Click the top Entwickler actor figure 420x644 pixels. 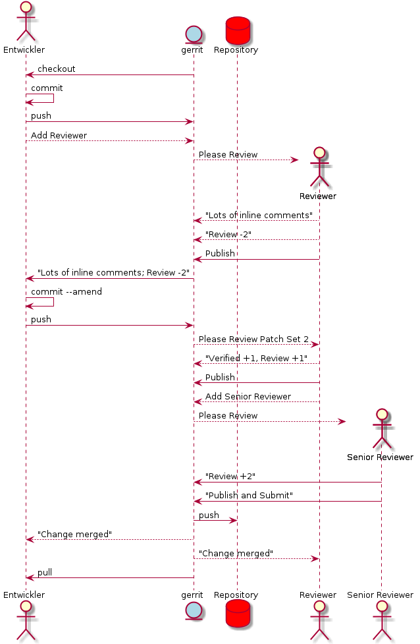point(26,22)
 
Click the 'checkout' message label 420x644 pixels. point(56,69)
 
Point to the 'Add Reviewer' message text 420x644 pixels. point(59,136)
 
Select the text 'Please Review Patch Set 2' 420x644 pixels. point(253,339)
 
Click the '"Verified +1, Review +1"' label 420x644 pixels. point(256,358)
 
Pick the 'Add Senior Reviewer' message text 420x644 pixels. point(248,397)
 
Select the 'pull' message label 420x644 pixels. point(45,573)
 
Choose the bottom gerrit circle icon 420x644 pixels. point(194,612)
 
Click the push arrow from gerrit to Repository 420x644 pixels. point(215,521)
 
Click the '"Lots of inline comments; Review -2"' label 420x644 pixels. point(113,273)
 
